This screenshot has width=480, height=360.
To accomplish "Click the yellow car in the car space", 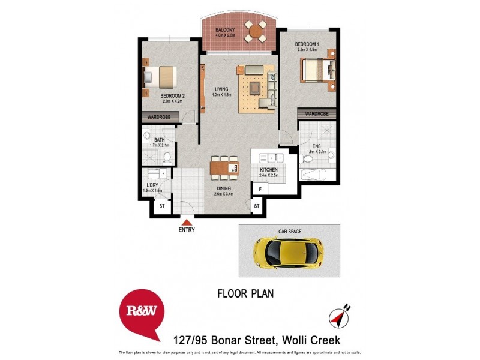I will (289, 250).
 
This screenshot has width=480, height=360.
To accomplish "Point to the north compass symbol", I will (340, 315).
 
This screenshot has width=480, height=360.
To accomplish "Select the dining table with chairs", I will (224, 167).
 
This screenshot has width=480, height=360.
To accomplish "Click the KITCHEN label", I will (268, 170).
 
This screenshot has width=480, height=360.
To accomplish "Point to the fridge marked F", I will (260, 188).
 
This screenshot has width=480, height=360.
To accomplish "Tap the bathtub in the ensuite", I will (313, 175).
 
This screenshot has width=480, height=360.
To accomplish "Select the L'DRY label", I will (152, 185).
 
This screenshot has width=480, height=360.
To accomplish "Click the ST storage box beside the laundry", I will (161, 206).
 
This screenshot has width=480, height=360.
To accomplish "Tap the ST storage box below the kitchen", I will (257, 206).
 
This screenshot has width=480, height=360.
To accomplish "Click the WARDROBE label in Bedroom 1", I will (317, 113).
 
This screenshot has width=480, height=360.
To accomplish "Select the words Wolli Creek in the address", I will (310, 341).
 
